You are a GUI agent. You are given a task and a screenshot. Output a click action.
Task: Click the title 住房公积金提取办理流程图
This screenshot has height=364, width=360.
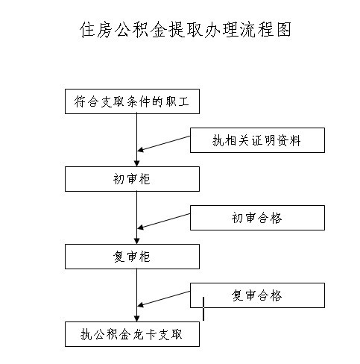(185, 30)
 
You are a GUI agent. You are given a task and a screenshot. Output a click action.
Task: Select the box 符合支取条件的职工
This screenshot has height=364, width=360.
(132, 101)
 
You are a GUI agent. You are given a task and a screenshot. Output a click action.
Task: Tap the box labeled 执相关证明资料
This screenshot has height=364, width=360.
(257, 140)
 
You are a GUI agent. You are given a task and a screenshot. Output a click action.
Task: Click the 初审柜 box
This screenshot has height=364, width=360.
(132, 179)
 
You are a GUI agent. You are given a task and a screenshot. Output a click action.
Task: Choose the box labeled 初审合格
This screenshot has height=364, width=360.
(257, 218)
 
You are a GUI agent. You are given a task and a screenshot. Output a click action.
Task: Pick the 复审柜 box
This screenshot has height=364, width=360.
(132, 257)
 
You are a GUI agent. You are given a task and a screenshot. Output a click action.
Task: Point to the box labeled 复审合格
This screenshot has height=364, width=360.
(257, 295)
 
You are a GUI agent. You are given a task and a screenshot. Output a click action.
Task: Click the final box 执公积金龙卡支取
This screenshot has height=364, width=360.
(132, 334)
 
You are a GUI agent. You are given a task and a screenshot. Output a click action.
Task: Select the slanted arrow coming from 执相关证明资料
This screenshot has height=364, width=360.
(164, 143)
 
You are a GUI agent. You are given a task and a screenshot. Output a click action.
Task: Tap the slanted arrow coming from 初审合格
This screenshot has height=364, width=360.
(164, 221)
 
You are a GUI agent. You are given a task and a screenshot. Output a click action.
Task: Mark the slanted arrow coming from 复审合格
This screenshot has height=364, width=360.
(164, 298)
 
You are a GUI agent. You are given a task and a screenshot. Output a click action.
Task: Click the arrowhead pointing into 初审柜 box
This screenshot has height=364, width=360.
(136, 163)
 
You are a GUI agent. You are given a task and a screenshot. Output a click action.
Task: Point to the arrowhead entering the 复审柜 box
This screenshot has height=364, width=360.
(136, 241)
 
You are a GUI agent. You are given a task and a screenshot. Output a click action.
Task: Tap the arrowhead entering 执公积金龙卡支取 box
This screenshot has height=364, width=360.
(136, 318)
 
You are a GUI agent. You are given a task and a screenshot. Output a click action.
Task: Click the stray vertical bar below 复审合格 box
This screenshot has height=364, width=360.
(203, 309)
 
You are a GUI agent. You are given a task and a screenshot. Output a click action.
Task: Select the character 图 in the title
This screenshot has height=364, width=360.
(283, 30)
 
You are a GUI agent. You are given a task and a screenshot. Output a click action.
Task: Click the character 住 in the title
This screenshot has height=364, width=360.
(87, 30)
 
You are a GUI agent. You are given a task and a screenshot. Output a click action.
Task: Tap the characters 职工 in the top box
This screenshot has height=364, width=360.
(177, 101)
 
